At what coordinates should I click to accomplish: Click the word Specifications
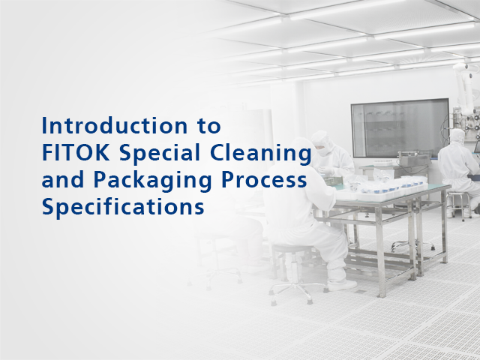(x=123, y=206)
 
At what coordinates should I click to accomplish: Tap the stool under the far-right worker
(x=455, y=199)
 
